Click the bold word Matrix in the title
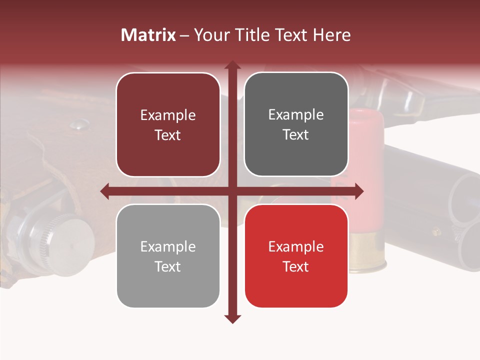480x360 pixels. pos(148,35)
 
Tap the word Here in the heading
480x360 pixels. pos(331,35)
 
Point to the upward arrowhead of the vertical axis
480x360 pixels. pos(232,65)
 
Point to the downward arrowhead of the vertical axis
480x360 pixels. pos(232,319)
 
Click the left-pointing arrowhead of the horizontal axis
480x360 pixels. pos(105,190)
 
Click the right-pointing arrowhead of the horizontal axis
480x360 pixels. pos(358,190)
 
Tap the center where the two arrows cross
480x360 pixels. pos(232,190)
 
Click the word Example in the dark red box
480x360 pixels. pos(168,115)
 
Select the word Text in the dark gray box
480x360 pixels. pos(296,134)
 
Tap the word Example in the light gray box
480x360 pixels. pos(168,247)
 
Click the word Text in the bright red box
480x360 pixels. pos(296,266)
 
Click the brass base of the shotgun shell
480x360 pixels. pos(367,255)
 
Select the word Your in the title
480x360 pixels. pos(210,35)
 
